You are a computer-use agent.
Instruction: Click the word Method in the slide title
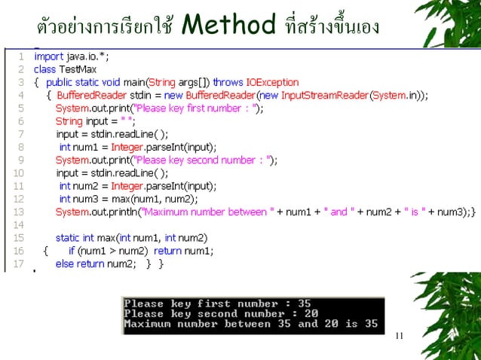228,26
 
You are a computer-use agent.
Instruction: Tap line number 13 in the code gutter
20,212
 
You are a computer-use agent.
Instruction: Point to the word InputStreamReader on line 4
328,96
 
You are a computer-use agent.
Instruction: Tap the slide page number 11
400,336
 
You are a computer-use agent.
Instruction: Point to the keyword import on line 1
48,56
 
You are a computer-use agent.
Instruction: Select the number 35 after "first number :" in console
304,304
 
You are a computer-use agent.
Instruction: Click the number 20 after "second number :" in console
311,314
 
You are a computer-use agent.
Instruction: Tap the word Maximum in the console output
148,324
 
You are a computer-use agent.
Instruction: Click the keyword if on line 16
71,251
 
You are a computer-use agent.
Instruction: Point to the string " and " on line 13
339,212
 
